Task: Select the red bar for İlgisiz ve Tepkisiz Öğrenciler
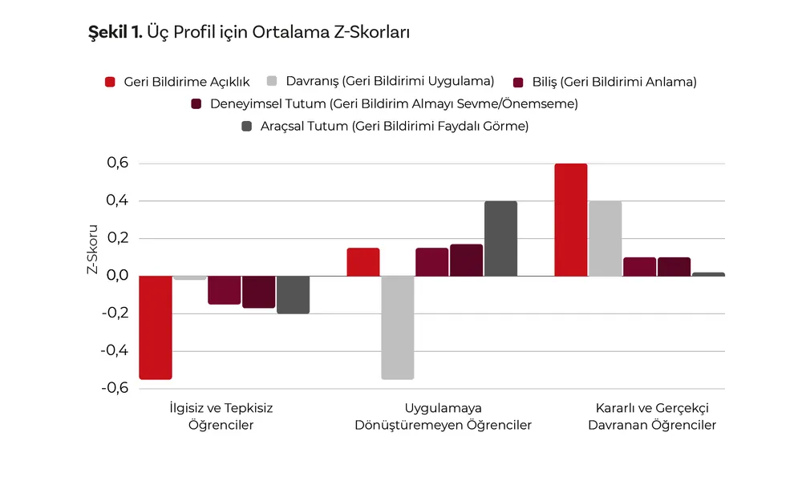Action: (155, 327)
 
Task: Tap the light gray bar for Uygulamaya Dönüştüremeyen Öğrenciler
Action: (397, 327)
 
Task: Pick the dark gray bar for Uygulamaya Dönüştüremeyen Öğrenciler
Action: (500, 238)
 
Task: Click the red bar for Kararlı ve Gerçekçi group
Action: (571, 220)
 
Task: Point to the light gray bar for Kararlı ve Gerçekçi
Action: (605, 238)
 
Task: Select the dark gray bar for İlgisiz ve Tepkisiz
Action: (293, 294)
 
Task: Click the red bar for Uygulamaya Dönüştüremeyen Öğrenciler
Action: (363, 262)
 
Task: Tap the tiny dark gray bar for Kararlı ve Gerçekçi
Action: (708, 274)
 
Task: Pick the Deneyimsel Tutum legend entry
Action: (384, 103)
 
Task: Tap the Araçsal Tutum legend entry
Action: (384, 126)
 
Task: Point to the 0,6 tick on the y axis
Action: (117, 164)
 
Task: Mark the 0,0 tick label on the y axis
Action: (117, 276)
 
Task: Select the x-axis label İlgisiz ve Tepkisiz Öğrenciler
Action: (221, 416)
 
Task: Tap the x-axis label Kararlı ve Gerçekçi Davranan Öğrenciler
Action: (652, 416)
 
